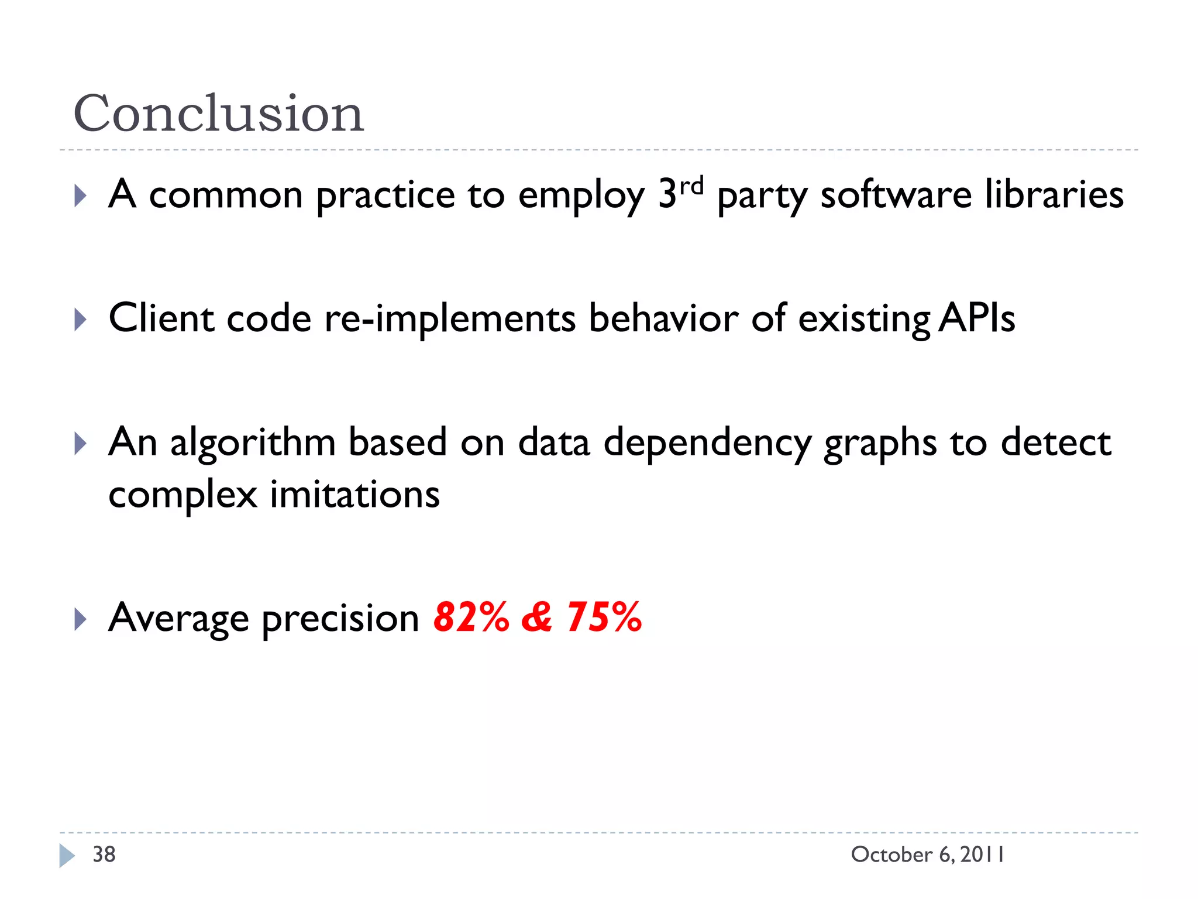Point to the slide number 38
104,855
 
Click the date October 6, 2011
927,855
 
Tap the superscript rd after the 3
691,186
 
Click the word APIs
977,319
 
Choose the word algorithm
253,442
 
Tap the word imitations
354,495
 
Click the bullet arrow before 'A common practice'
81,196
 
